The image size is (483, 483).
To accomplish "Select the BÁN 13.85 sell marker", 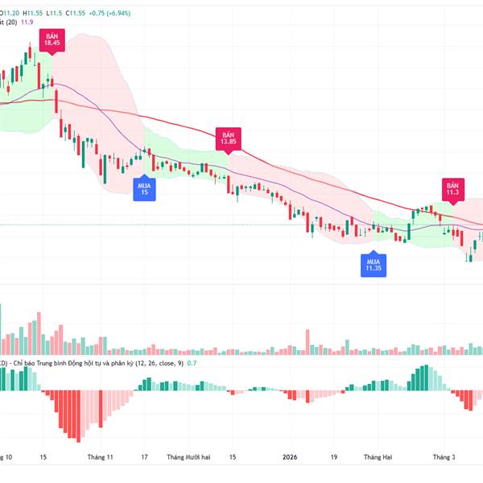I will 228,138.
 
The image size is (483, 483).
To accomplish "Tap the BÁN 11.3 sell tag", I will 452,188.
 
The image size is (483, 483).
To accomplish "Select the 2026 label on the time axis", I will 291,457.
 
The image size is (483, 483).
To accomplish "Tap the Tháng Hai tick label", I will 378,457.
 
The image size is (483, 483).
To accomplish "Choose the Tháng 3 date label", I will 443,457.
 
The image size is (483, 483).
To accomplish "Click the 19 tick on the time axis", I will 332,457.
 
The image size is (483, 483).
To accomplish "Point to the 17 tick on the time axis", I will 144,457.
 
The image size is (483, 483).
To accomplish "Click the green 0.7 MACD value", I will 192,364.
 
